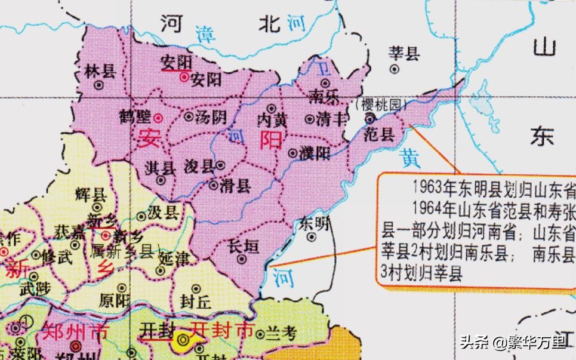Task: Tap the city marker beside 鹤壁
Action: (158, 116)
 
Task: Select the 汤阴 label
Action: (210, 117)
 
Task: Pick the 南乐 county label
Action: (325, 96)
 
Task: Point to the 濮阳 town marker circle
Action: (292, 153)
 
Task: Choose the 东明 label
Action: (315, 224)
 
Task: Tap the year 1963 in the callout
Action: (426, 187)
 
